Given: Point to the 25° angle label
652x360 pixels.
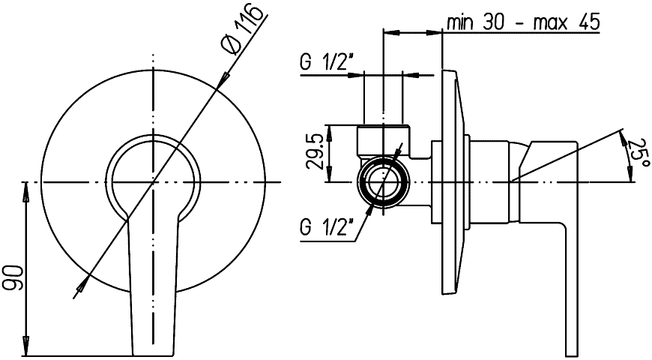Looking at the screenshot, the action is pyautogui.click(x=639, y=152).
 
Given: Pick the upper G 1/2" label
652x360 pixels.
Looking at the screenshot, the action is pyautogui.click(x=327, y=62).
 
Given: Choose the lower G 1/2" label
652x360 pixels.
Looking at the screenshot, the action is pyautogui.click(x=327, y=228).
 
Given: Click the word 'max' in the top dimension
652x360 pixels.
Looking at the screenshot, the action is pyautogui.click(x=551, y=23).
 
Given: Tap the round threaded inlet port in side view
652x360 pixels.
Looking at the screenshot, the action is pyautogui.click(x=384, y=181).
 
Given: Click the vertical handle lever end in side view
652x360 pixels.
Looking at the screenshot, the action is pyautogui.click(x=571, y=291).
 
